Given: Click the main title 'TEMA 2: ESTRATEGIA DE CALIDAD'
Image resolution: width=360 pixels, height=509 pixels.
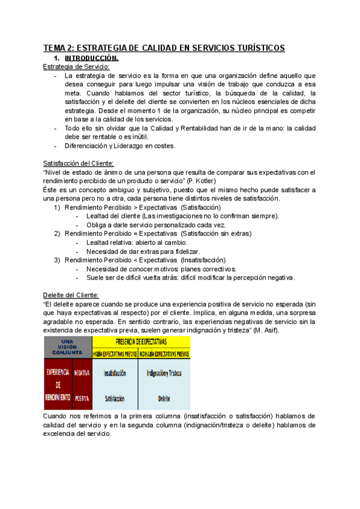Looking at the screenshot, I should [164, 48].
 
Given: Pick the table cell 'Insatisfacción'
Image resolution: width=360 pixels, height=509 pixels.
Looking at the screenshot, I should [115, 373].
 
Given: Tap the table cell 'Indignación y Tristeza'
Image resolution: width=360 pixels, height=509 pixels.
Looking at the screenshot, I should [164, 373].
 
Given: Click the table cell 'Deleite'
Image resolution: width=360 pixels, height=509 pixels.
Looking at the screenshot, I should [164, 397].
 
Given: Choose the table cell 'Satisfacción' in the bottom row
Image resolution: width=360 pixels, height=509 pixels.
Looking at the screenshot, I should [115, 397].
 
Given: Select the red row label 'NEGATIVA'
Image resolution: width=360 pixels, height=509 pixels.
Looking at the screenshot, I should [82, 373].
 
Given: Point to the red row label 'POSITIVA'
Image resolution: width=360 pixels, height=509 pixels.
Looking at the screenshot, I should [82, 397].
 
